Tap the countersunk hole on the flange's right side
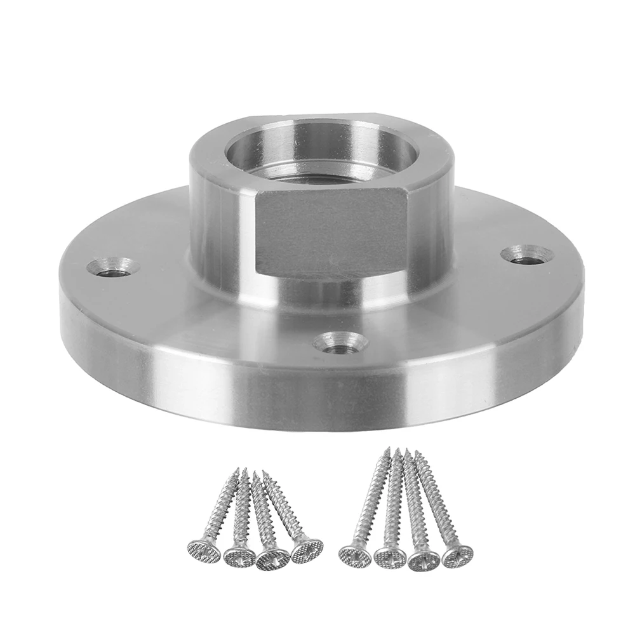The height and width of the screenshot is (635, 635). pos(526,255)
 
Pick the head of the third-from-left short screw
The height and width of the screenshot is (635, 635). pos(273,556)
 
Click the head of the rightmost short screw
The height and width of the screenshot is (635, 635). pos(307,550)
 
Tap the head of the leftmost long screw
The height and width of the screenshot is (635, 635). pos(354,556)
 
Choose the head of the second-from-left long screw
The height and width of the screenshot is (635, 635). pos(389,557)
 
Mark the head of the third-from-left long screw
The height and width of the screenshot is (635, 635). pos(424,559)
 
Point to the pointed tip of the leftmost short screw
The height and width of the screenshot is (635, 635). pos(238,471)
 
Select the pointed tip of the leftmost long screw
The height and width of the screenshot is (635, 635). pos(386,450)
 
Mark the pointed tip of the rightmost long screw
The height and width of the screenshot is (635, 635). pos(417,452)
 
